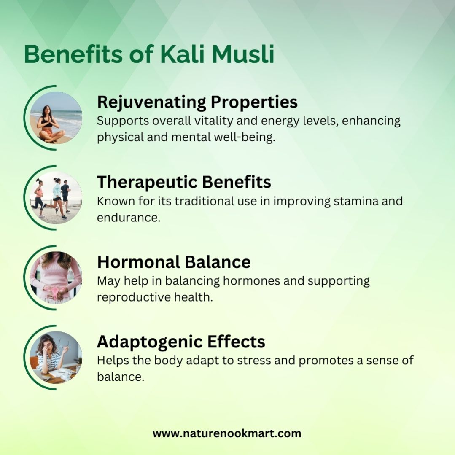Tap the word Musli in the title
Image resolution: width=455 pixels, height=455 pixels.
[x=243, y=54]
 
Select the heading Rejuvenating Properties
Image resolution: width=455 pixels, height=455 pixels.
[x=197, y=102]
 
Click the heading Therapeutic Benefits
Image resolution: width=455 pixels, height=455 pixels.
[x=184, y=182]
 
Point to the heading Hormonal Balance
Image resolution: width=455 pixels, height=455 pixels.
[x=174, y=262]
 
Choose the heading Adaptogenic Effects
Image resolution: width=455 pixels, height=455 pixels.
[x=181, y=342]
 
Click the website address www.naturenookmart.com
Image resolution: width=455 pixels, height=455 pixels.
[x=227, y=433]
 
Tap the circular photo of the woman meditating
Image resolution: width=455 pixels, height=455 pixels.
[x=56, y=118]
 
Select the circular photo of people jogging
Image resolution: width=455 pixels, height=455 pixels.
[x=56, y=198]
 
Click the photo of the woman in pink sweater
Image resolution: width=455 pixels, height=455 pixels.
[x=56, y=277]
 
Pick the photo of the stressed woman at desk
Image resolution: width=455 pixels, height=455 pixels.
[x=56, y=357]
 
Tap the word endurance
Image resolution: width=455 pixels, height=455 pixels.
[x=129, y=218]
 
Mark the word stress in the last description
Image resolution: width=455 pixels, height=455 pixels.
[x=254, y=361]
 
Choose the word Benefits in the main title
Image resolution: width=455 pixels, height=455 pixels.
[x=73, y=54]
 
